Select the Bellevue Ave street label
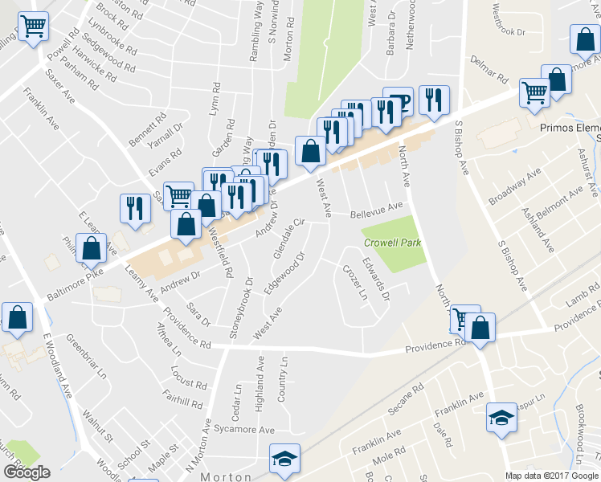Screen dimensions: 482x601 376,210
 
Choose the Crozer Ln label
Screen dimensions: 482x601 354,283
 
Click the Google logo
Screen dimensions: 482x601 27,472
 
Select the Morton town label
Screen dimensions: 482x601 226,476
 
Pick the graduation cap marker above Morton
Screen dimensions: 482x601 284,458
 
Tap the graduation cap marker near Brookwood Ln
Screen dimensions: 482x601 501,418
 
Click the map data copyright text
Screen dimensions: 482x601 551,476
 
